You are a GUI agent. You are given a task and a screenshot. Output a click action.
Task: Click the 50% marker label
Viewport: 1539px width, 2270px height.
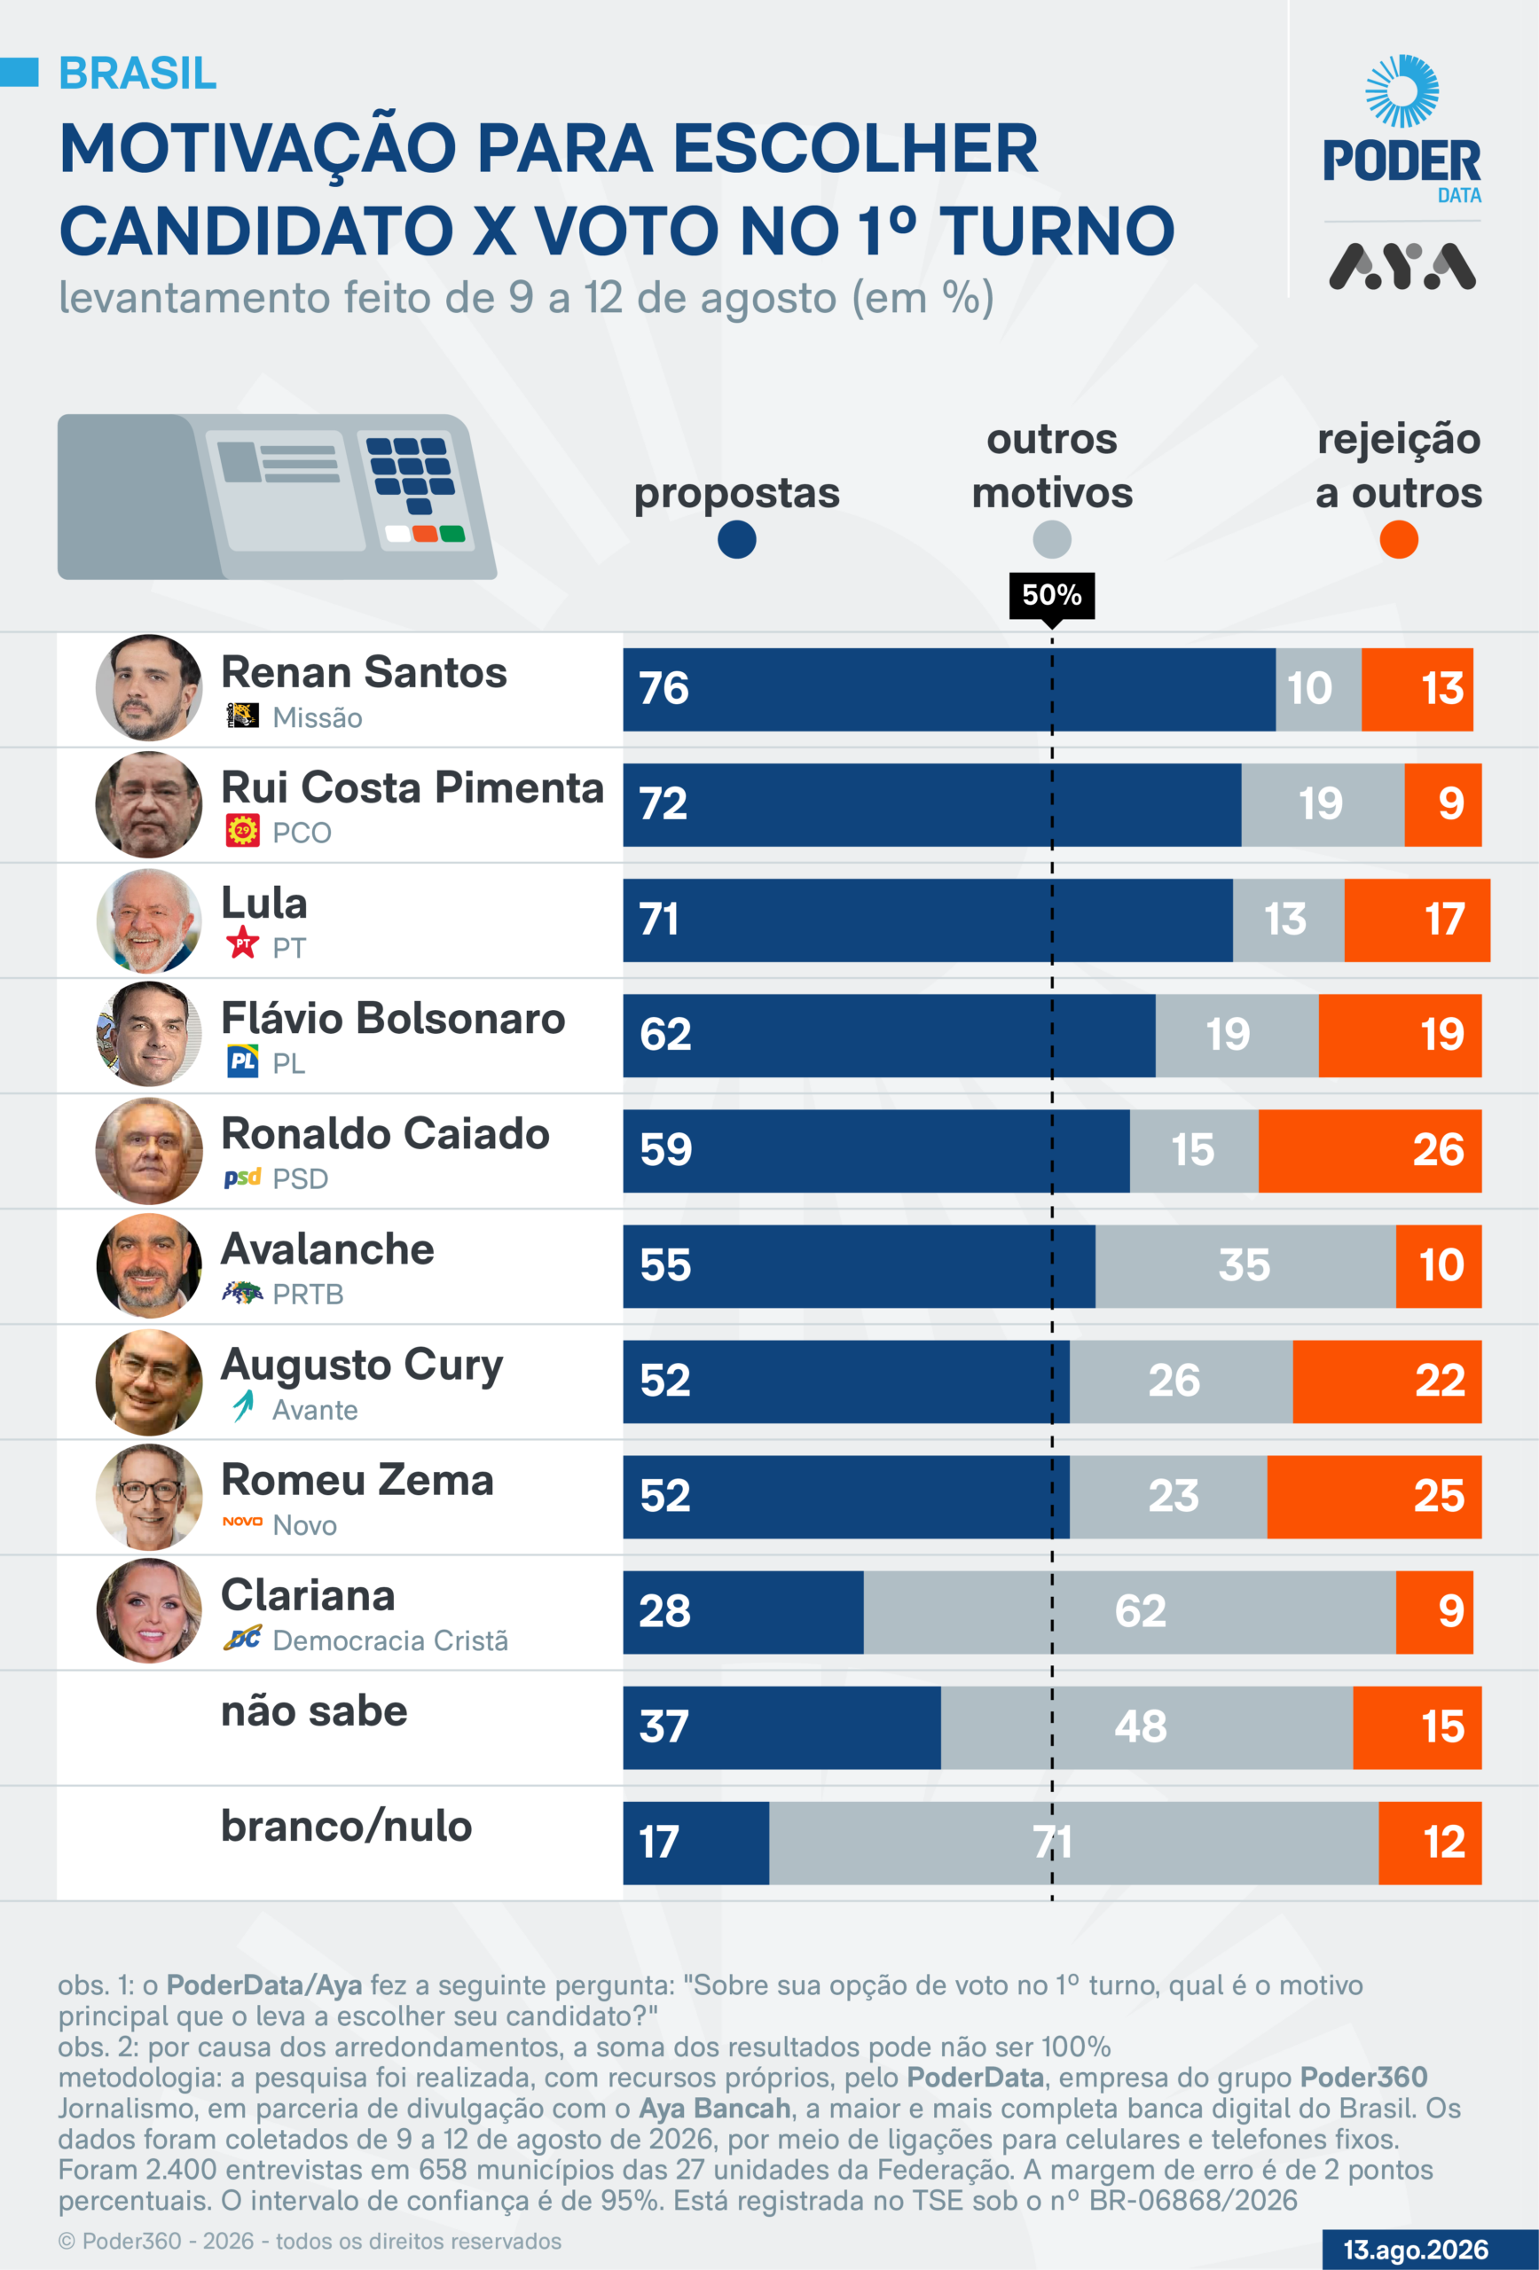click(x=1051, y=595)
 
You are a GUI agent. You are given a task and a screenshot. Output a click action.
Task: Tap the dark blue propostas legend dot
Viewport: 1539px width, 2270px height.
click(x=737, y=539)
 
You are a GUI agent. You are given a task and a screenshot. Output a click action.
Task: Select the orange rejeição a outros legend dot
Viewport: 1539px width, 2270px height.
click(x=1398, y=539)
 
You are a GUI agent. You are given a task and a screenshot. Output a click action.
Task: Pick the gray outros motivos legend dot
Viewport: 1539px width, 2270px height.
click(x=1051, y=539)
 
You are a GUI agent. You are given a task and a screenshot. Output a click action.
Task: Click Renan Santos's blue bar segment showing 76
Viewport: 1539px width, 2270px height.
click(x=949, y=690)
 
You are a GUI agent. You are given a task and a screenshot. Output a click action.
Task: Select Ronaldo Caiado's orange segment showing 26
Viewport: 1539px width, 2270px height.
click(x=1370, y=1151)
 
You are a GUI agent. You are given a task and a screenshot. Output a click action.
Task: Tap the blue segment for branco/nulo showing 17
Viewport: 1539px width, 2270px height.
click(x=695, y=1843)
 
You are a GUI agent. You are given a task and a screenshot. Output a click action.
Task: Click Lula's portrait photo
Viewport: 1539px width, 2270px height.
click(x=148, y=920)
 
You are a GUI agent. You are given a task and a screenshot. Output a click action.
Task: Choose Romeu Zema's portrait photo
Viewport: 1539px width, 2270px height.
click(x=148, y=1498)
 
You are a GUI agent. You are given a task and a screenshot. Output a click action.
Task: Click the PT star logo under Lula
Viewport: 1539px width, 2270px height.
click(x=242, y=943)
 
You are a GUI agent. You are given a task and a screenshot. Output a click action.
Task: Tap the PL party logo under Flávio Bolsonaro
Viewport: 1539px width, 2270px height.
click(x=242, y=1061)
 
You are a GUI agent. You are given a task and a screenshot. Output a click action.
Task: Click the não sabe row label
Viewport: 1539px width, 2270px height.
click(x=314, y=1711)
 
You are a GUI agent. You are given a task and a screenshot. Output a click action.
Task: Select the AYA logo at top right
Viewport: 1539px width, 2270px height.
click(x=1402, y=267)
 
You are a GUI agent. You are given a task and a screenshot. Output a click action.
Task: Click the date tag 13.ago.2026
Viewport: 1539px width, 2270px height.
click(x=1416, y=2250)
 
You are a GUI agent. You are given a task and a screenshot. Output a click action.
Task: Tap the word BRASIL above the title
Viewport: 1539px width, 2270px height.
click(x=137, y=74)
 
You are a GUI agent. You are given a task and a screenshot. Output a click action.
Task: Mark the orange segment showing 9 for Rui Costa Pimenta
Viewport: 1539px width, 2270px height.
click(x=1442, y=805)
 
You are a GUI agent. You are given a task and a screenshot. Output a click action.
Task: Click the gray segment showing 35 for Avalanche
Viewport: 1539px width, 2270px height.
click(x=1245, y=1267)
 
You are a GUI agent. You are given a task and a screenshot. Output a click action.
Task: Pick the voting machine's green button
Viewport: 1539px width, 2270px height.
click(x=452, y=533)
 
